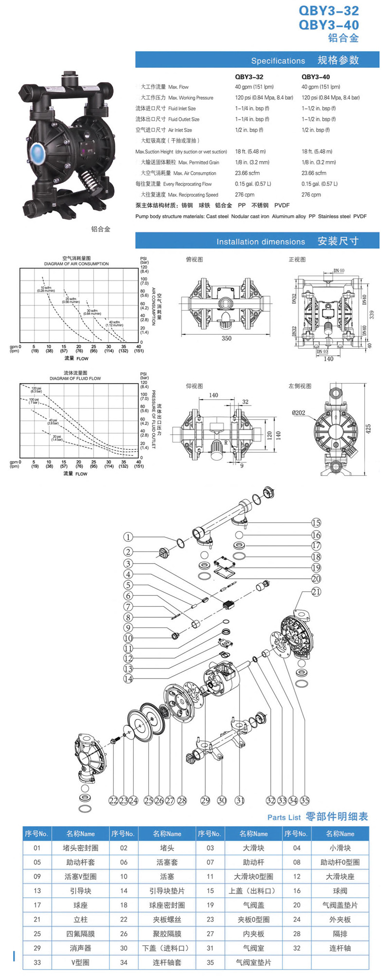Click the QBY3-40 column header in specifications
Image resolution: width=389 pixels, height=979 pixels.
[316, 76]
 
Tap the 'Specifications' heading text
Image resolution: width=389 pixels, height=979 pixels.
[278, 61]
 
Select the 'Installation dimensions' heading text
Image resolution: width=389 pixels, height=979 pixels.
[261, 242]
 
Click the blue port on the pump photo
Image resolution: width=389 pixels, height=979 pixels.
[37, 151]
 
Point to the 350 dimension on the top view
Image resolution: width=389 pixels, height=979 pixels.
[227, 338]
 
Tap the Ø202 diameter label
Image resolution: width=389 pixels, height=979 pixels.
[299, 413]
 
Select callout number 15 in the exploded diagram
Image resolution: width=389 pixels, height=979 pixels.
[316, 523]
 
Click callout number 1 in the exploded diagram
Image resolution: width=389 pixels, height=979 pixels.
[128, 537]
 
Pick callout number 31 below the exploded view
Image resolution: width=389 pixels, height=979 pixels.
[240, 800]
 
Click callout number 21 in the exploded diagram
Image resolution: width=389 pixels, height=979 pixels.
[316, 591]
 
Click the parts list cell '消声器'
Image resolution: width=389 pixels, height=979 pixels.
[80, 948]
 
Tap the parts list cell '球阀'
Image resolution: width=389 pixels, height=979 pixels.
[340, 891]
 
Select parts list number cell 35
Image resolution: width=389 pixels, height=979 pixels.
[210, 962]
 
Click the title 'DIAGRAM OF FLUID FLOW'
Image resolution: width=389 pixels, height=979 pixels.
[75, 378]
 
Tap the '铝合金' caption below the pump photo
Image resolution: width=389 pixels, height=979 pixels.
[101, 229]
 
